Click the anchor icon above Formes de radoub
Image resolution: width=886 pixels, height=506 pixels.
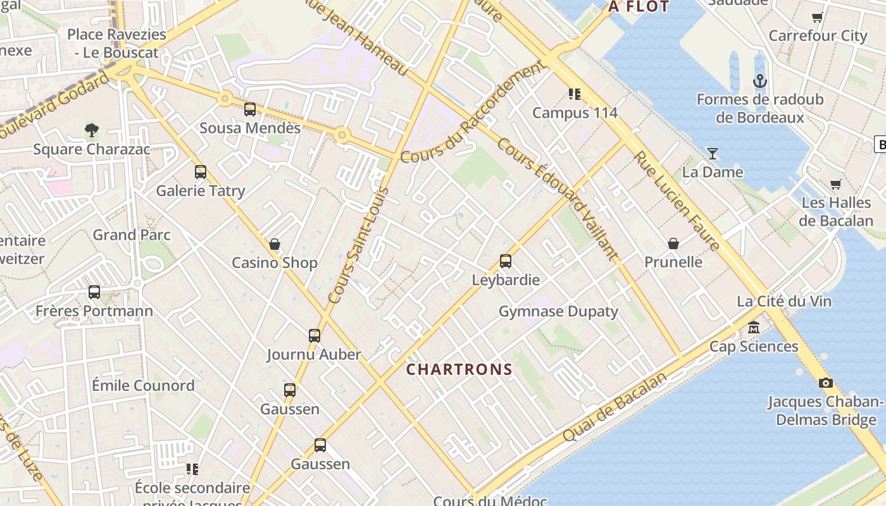(759, 81)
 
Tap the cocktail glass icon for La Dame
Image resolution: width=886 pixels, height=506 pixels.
(713, 153)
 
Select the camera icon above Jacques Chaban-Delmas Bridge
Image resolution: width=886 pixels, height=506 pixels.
(825, 383)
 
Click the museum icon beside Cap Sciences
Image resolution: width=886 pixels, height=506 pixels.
(754, 328)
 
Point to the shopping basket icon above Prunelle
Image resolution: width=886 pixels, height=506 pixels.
(673, 244)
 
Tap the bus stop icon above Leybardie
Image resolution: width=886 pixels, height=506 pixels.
(505, 261)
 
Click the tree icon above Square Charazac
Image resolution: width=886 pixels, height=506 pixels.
(92, 130)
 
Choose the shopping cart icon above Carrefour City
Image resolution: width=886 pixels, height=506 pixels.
(817, 17)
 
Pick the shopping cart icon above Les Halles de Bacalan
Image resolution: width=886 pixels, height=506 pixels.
(835, 184)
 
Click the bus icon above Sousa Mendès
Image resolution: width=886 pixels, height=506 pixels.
(250, 109)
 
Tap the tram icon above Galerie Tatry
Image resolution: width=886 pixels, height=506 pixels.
(201, 171)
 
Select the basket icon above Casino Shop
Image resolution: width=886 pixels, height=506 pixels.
(275, 244)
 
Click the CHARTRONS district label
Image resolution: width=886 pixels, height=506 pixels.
(459, 370)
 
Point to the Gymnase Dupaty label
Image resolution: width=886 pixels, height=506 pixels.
(558, 311)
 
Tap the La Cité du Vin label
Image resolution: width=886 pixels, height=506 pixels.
(784, 301)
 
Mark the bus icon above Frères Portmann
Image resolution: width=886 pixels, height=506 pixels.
(94, 292)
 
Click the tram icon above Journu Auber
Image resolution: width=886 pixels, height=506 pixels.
(315, 335)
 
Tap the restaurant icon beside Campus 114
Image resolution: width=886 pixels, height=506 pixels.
(575, 94)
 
